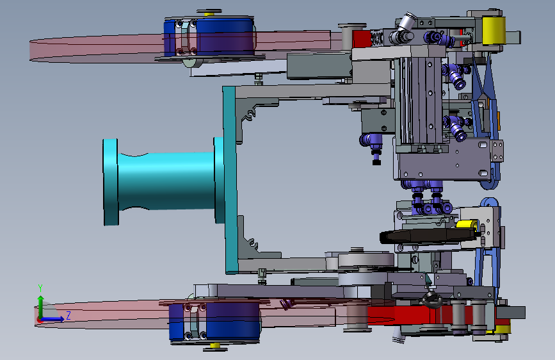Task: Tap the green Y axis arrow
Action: coord(41,306)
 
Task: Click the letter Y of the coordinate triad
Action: coord(40,288)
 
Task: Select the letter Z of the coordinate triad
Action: coord(68,315)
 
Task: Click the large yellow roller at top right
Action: coord(494,31)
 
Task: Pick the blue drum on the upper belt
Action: coord(209,37)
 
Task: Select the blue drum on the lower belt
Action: coord(214,321)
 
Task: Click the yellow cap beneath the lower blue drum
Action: coord(215,345)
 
